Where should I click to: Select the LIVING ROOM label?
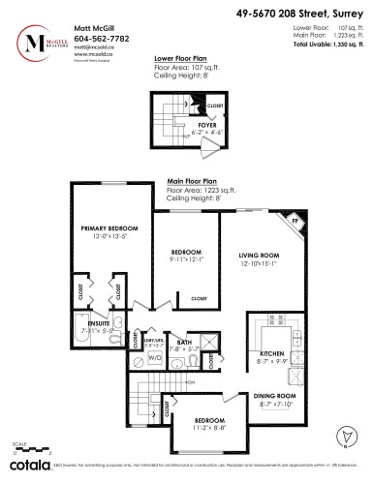click(x=259, y=256)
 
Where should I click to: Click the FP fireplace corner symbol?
click(x=296, y=222)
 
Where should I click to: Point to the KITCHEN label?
click(x=272, y=354)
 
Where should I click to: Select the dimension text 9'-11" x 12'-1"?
click(x=178, y=258)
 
